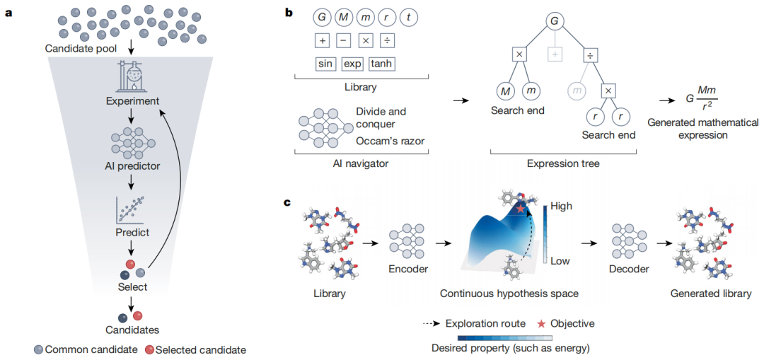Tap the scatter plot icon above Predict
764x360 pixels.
[x=131, y=208]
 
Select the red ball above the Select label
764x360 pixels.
[x=131, y=265]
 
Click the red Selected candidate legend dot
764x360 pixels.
[x=150, y=349]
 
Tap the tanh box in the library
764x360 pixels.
[x=382, y=64]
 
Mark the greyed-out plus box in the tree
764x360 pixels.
[x=554, y=55]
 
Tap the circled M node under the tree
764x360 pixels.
[x=504, y=91]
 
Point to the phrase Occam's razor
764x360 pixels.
[x=389, y=141]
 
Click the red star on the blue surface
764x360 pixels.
[x=521, y=209]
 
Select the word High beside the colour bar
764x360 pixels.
[x=562, y=207]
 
